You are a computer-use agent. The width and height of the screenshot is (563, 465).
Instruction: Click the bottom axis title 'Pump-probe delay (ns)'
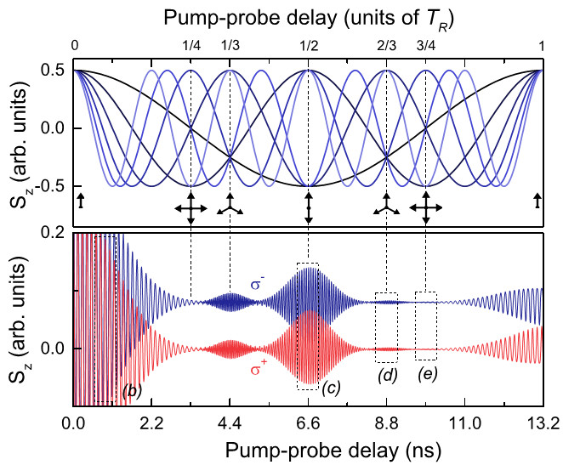point(308,445)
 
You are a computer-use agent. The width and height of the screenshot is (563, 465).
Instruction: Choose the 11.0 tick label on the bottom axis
point(464,420)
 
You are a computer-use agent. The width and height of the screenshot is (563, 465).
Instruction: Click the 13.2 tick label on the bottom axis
point(542,420)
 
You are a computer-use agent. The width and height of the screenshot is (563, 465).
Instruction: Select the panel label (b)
point(131,390)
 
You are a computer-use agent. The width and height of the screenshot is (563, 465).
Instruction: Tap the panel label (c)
point(333,387)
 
